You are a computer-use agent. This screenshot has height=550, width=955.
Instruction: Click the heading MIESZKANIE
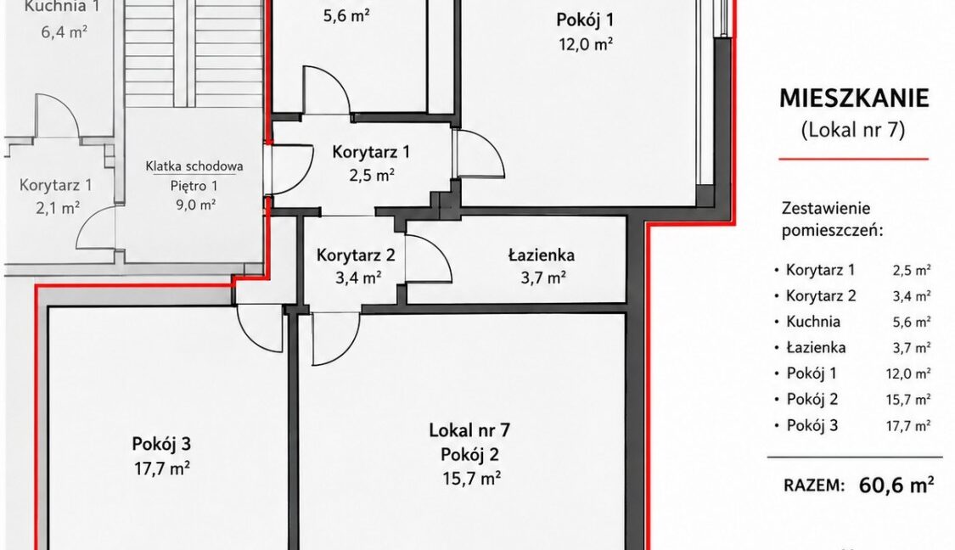(854, 98)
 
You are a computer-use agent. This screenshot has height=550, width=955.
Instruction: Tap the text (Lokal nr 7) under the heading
(852, 130)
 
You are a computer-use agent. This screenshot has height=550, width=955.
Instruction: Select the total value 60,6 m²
(896, 485)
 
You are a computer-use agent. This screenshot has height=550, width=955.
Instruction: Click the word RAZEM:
(814, 486)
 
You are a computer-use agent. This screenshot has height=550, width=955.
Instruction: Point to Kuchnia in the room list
(813, 322)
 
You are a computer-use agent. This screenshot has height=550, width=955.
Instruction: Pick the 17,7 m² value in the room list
(908, 426)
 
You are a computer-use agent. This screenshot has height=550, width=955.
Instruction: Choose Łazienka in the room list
(816, 348)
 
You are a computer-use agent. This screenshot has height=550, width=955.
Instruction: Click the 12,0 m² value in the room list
(908, 373)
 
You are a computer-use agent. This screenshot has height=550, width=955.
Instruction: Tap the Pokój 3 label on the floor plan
(161, 444)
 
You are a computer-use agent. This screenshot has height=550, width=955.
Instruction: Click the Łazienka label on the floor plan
(542, 255)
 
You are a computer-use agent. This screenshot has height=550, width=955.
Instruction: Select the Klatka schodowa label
(194, 166)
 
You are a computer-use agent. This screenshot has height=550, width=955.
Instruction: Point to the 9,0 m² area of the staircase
(195, 205)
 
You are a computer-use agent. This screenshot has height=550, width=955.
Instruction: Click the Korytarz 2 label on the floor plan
(356, 255)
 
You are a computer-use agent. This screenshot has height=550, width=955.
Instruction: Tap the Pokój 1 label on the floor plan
(585, 20)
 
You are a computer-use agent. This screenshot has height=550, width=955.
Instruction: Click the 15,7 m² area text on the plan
(472, 479)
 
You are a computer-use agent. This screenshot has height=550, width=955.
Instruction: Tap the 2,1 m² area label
(58, 209)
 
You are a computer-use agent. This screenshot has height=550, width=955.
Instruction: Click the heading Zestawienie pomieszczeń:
(832, 220)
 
